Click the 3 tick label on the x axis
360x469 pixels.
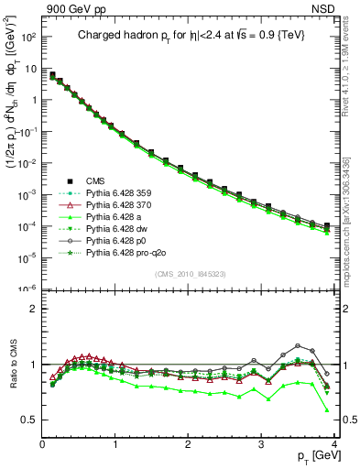(261, 444)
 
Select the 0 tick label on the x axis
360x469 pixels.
(42, 444)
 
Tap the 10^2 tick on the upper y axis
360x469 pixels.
(27, 38)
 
